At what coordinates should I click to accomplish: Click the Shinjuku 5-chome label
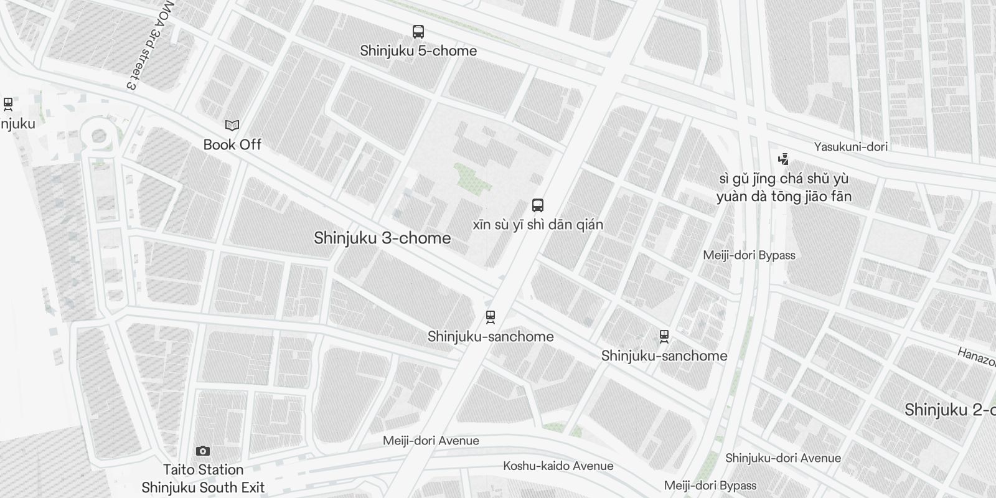[418, 51]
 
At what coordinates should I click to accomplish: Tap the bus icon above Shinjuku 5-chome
[418, 31]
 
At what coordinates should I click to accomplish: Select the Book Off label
[232, 144]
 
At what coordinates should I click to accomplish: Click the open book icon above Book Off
[232, 126]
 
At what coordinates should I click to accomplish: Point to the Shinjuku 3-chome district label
[382, 238]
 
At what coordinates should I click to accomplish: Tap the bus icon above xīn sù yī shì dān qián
[538, 205]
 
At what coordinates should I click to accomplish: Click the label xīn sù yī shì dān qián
[538, 224]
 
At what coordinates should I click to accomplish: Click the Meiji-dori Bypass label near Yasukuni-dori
[749, 255]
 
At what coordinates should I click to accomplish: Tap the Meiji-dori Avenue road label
[431, 441]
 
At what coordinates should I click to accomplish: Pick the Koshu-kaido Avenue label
[558, 466]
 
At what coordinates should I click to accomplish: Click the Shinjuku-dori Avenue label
[782, 458]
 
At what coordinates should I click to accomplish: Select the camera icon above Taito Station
[203, 451]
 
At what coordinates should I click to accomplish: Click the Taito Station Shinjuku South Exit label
[203, 479]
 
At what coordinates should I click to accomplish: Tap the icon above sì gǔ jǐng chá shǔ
[783, 159]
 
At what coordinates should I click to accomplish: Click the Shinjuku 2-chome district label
[949, 410]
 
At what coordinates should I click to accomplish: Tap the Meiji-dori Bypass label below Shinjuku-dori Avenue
[710, 486]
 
